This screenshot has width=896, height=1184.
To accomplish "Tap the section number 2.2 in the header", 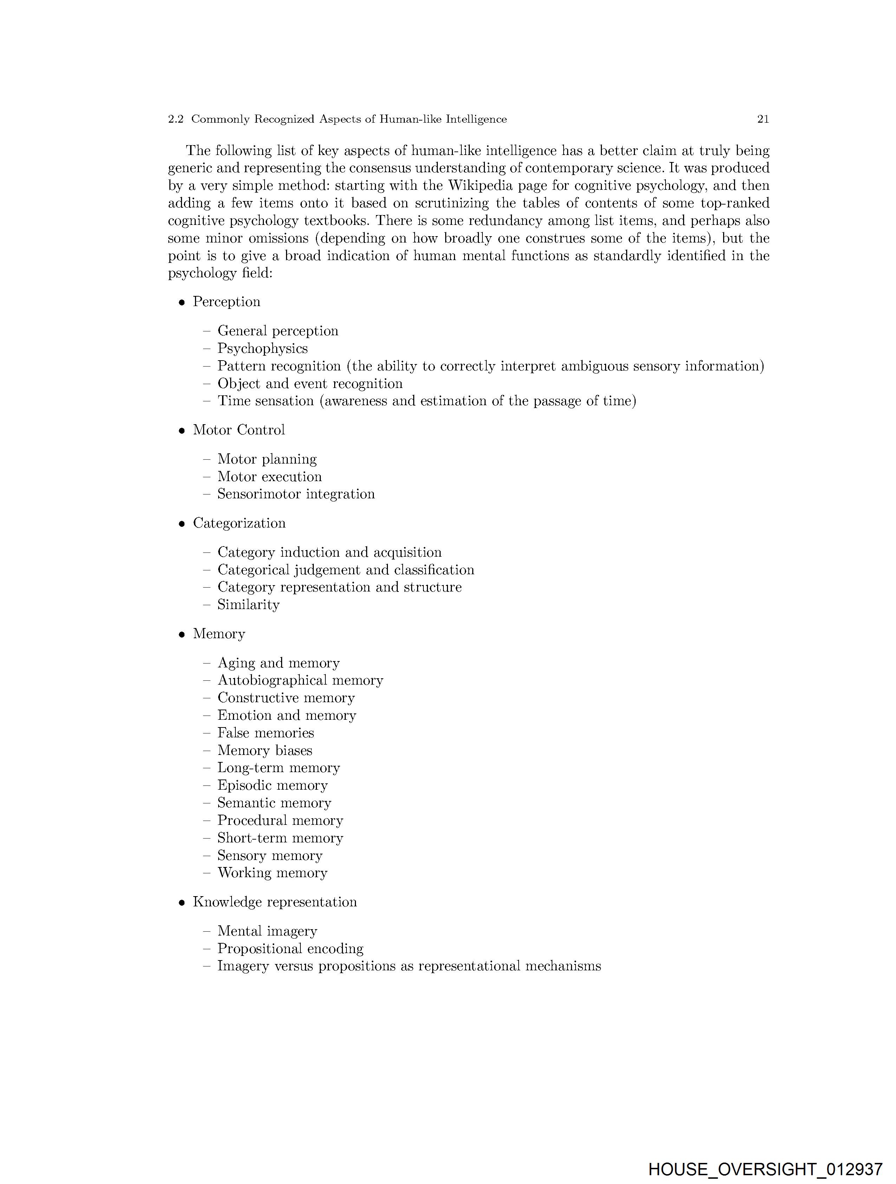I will pyautogui.click(x=176, y=119).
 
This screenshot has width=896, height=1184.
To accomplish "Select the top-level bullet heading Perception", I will pyautogui.click(x=226, y=302).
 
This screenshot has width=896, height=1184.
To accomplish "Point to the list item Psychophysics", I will pyautogui.click(x=262, y=349).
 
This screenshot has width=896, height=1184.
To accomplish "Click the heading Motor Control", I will pyautogui.click(x=239, y=430).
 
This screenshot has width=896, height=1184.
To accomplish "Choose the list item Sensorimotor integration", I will pyautogui.click(x=296, y=494).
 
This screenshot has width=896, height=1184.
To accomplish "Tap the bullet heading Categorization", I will pyautogui.click(x=239, y=523).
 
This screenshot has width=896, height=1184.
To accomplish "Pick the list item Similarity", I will pyautogui.click(x=248, y=605).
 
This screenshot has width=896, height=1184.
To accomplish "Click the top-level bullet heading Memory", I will pyautogui.click(x=219, y=634).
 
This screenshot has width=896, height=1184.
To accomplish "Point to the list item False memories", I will pyautogui.click(x=266, y=733).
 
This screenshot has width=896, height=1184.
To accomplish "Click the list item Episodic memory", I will pyautogui.click(x=272, y=785).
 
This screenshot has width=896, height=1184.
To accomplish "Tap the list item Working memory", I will pyautogui.click(x=272, y=873).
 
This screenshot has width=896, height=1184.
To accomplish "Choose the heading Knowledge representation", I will pyautogui.click(x=274, y=902).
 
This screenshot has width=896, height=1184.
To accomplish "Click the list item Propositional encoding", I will pyautogui.click(x=290, y=949).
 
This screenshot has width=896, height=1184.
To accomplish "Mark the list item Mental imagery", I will pyautogui.click(x=267, y=931).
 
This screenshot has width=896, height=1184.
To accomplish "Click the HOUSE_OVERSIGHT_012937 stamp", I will pyautogui.click(x=765, y=1169).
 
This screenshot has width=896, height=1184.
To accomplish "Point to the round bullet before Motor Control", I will pyautogui.click(x=182, y=431).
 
